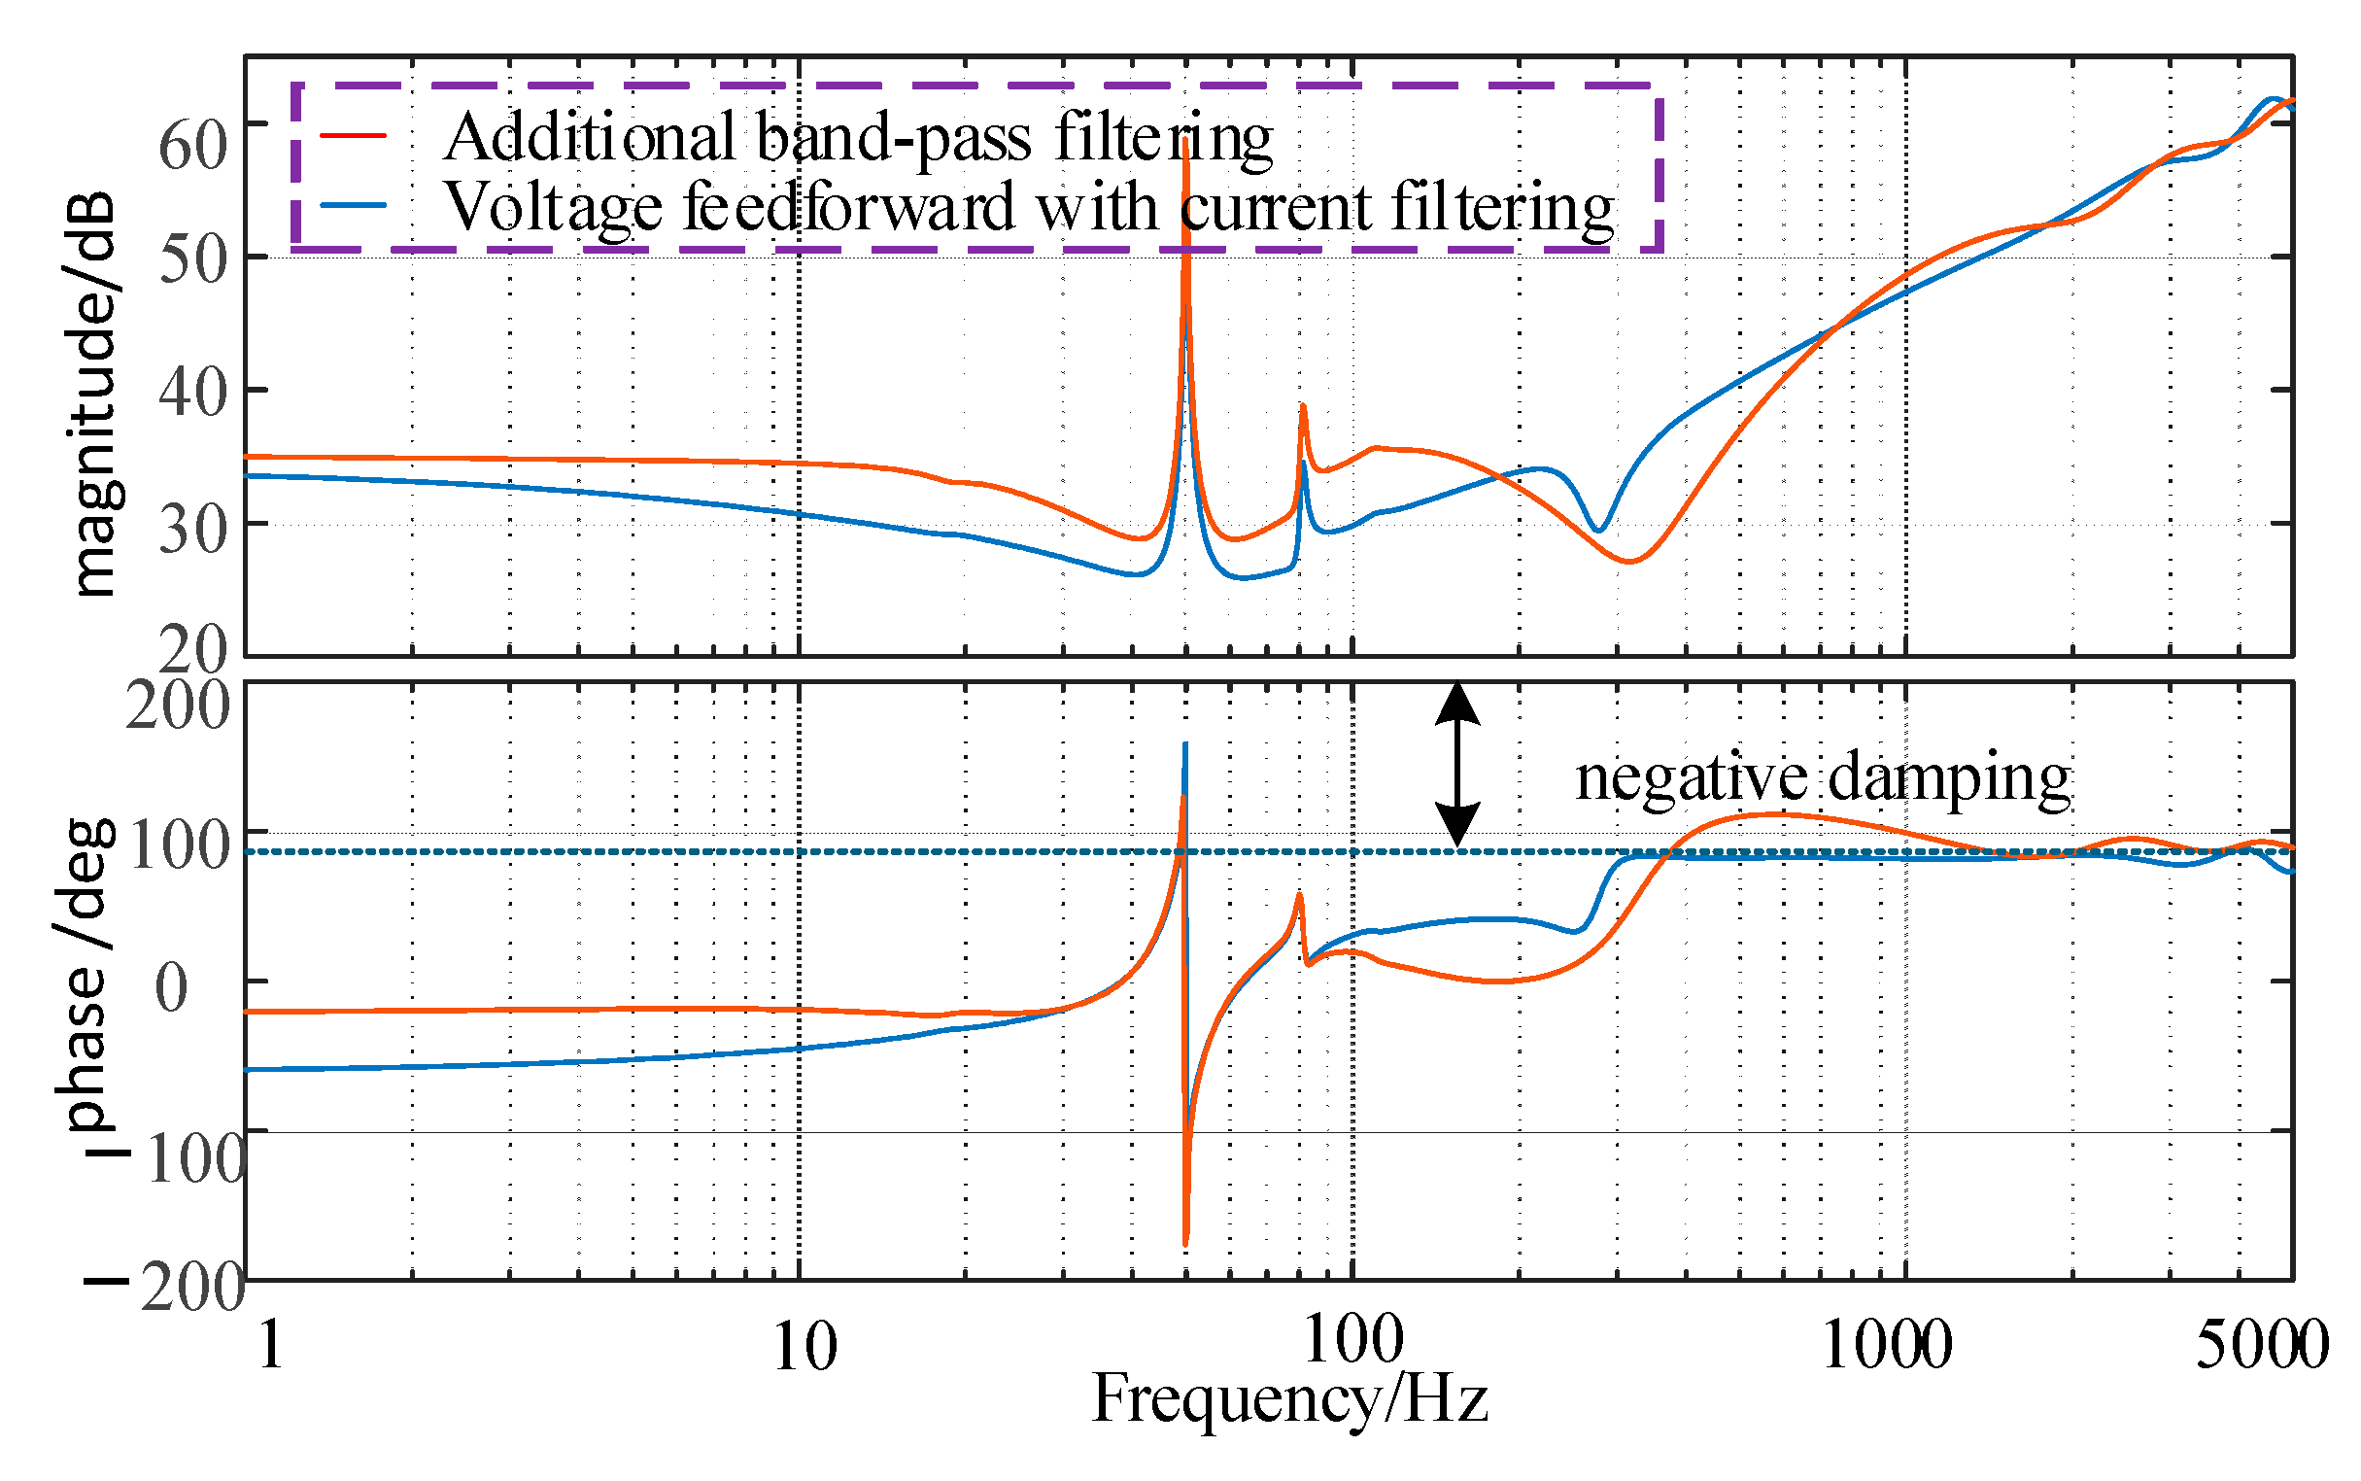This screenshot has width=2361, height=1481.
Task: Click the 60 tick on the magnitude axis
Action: [x=193, y=144]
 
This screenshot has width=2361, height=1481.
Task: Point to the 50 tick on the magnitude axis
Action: [x=193, y=259]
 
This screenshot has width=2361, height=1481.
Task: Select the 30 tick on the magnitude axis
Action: [x=193, y=529]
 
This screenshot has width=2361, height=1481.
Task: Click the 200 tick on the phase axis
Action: [x=177, y=705]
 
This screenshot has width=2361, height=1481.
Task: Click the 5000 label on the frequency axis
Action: [x=2260, y=1346]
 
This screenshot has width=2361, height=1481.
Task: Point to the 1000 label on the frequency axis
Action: [x=1886, y=1346]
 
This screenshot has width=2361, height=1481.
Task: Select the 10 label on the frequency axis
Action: [x=804, y=1346]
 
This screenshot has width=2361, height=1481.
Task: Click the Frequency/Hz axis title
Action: [x=1288, y=1398]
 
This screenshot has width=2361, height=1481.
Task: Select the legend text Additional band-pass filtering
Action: [x=857, y=137]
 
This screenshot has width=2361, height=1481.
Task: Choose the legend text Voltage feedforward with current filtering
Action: [x=1028, y=207]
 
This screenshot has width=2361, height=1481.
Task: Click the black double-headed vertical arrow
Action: [x=1456, y=764]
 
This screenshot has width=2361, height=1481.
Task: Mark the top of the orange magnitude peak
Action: [x=1186, y=140]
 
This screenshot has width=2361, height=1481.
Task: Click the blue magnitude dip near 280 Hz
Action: [x=1597, y=530]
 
